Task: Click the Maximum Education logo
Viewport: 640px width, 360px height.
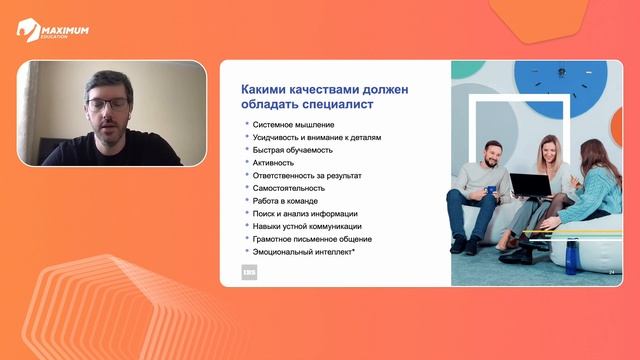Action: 51,31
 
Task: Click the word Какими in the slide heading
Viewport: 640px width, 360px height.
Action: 262,88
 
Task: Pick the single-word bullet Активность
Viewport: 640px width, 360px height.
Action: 273,162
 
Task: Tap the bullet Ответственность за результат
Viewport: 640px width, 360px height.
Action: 307,175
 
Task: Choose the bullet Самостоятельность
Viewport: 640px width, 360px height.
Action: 289,188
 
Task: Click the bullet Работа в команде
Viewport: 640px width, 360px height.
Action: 285,201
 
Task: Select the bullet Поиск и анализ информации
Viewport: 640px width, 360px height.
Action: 305,213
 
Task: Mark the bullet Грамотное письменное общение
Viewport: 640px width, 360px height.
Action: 312,239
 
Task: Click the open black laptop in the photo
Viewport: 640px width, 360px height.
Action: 530,184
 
